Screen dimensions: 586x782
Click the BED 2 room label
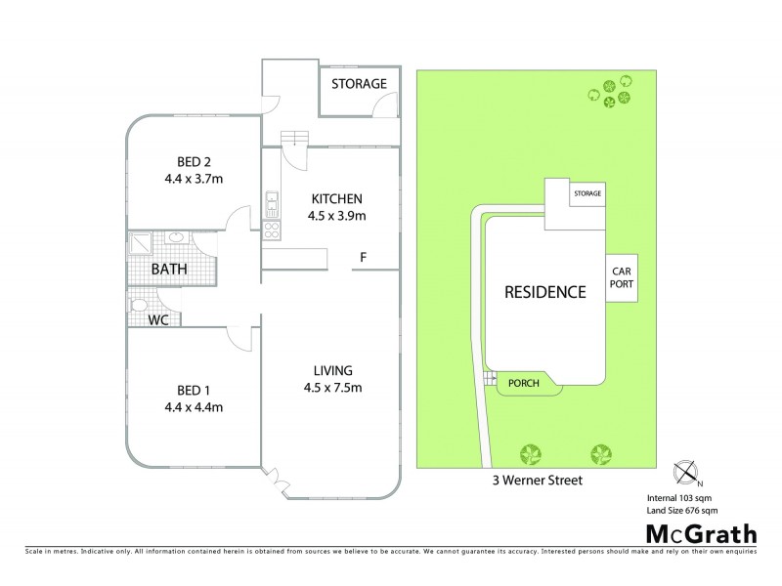(x=194, y=161)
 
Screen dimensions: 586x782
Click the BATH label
(x=168, y=269)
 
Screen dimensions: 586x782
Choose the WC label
(x=157, y=319)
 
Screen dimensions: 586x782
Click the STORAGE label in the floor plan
(x=360, y=83)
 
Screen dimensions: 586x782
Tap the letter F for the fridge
(x=363, y=258)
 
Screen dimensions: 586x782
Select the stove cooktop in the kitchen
(x=271, y=230)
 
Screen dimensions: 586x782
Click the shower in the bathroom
(x=141, y=241)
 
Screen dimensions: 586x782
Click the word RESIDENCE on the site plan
(x=544, y=292)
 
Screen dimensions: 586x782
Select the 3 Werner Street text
(x=544, y=481)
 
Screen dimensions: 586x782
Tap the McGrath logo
(x=700, y=534)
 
